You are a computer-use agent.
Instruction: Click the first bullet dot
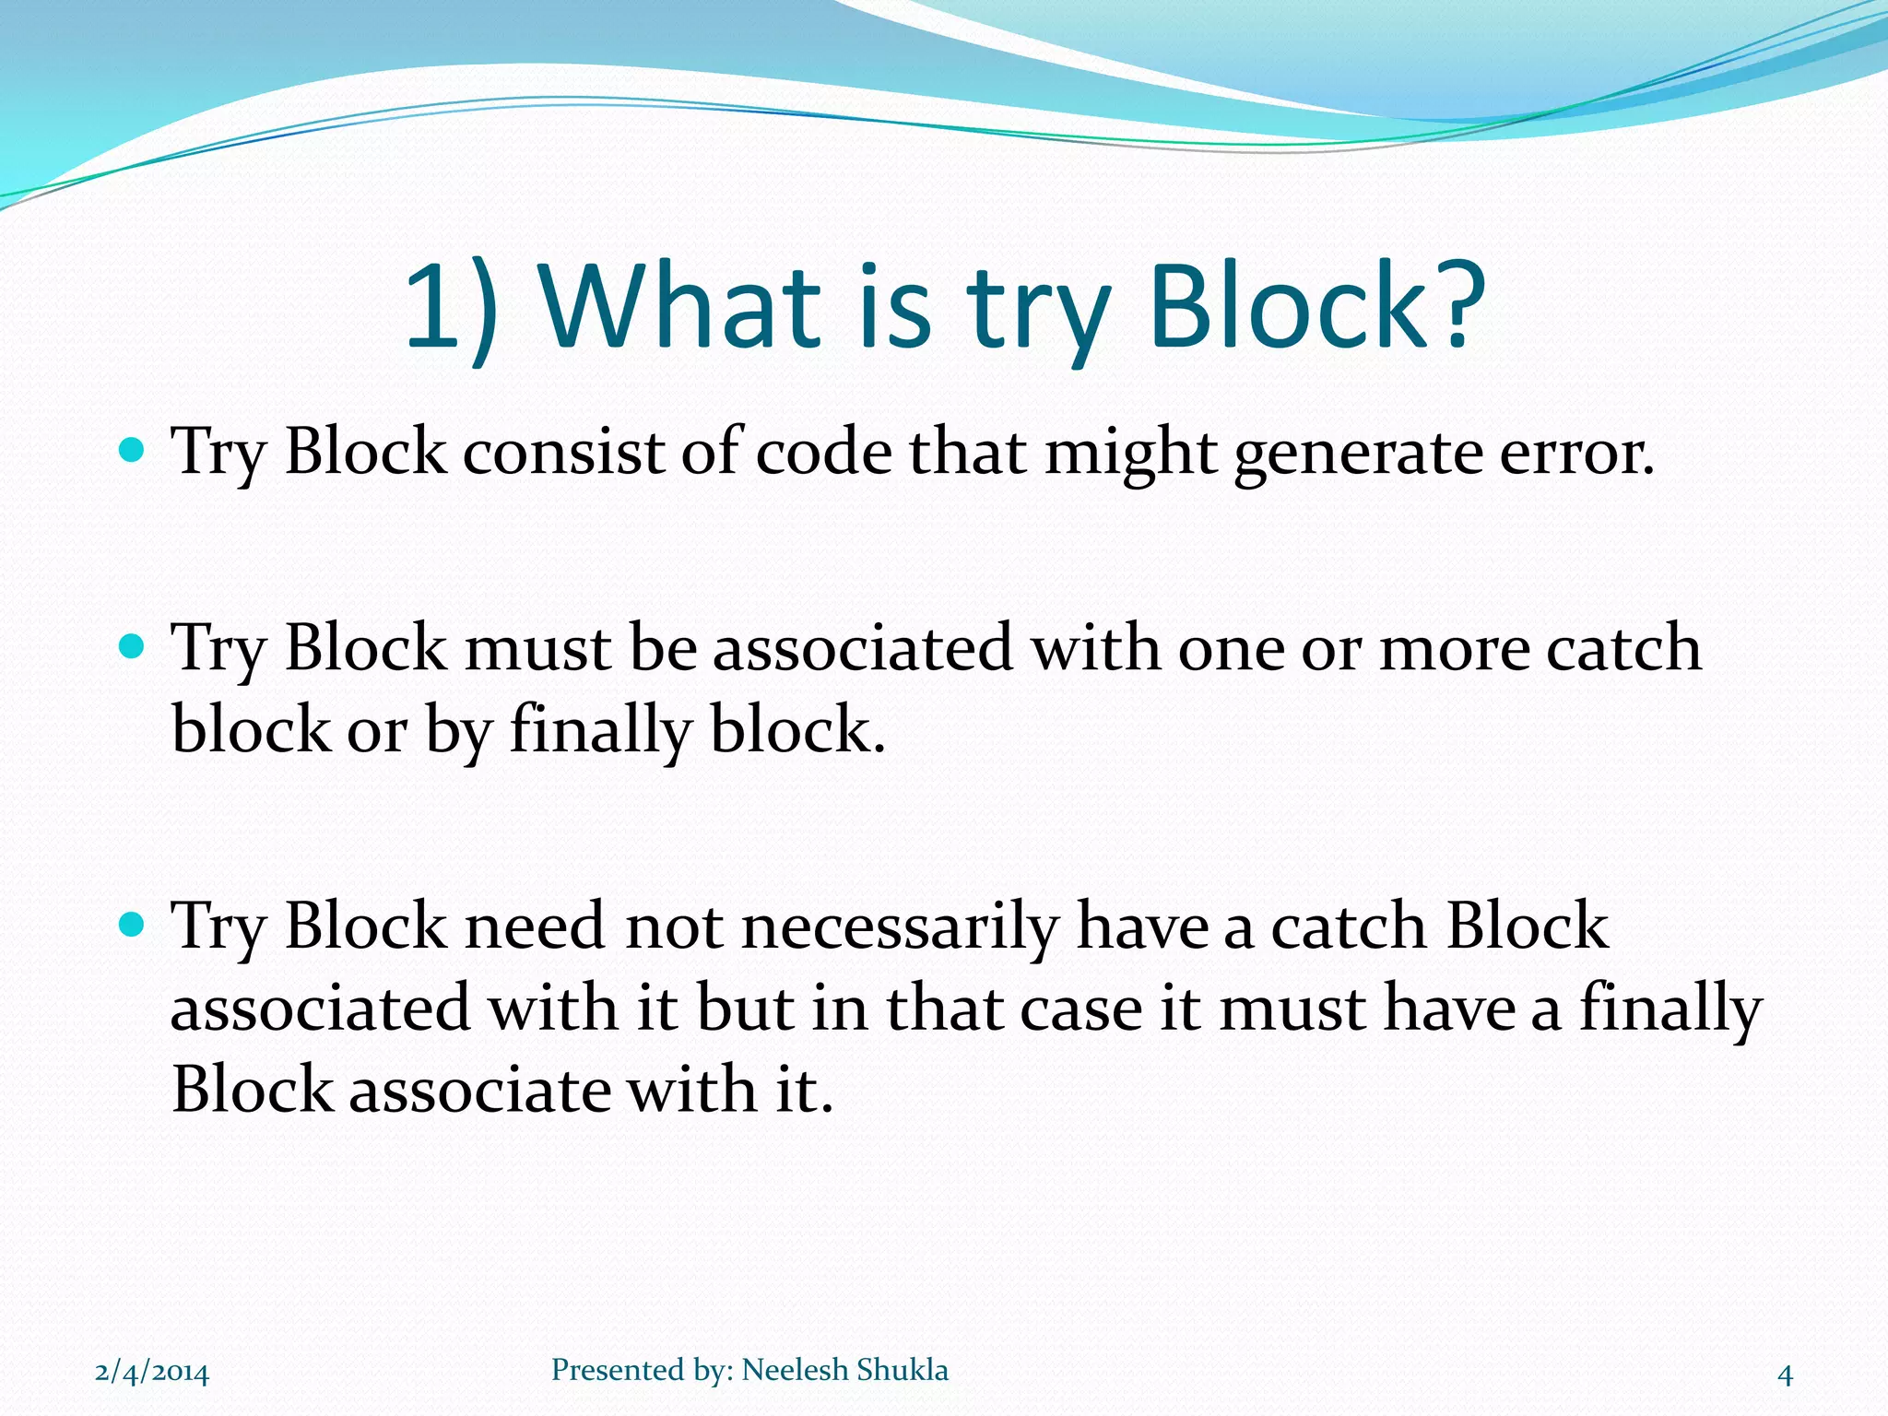133,451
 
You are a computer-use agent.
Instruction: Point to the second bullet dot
133,646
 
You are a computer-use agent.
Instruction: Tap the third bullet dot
133,924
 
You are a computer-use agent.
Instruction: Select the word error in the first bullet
1576,454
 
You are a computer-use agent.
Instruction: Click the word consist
563,453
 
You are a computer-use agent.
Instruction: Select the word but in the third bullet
745,1008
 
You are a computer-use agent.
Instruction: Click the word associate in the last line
479,1091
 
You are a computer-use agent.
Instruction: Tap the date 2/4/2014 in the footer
152,1373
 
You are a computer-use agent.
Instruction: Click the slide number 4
1785,1375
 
